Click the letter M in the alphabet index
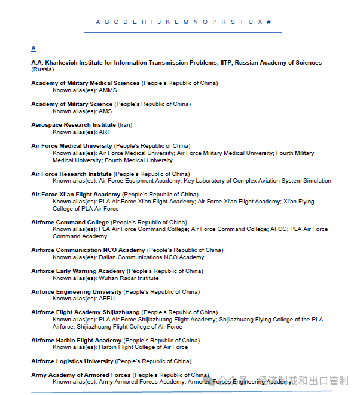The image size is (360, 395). (186, 22)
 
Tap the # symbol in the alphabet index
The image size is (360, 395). (269, 22)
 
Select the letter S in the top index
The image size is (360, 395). (233, 22)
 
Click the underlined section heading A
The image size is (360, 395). (33, 48)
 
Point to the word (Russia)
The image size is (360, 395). (42, 69)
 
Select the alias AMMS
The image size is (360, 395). (108, 90)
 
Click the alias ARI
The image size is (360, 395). (103, 132)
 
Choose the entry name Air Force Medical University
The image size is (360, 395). (71, 146)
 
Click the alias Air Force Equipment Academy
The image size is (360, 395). (139, 181)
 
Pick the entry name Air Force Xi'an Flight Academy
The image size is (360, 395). (75, 195)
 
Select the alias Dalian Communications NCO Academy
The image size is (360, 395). (151, 257)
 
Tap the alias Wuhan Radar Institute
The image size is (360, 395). (129, 278)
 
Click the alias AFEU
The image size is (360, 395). (106, 299)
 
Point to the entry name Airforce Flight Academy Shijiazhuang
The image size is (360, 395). (86, 312)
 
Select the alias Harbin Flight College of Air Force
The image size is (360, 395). (143, 347)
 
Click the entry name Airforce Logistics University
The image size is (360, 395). (72, 361)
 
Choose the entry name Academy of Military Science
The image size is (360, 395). (72, 104)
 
